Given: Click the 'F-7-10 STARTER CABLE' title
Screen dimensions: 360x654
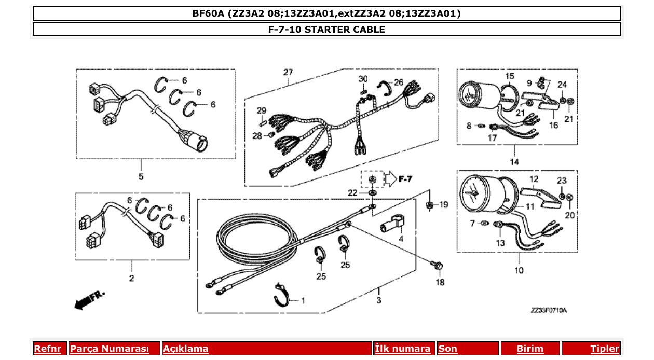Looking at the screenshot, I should coord(326,30).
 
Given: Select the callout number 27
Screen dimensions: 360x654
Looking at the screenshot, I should coord(288,72).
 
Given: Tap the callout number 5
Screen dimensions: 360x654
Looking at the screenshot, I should coord(141,177).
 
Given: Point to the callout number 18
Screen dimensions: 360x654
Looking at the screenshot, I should coord(440,283).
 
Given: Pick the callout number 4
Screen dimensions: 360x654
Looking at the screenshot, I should coord(400,239).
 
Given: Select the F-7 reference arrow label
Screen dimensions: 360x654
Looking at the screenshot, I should coord(405,179).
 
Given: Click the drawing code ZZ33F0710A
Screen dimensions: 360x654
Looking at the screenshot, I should coord(549,310).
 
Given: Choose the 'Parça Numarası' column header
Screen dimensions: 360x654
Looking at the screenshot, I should coord(110,349).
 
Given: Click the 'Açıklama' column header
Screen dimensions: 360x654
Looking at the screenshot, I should coord(186,349).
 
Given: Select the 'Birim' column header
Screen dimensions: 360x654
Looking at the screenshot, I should coord(530,349).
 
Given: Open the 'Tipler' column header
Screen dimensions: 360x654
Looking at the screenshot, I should coord(605,349).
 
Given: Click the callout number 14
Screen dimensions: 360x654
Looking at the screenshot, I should coord(514,162).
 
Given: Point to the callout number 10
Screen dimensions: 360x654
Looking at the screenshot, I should coord(519,270).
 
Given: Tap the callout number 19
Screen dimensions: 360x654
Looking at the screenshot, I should coord(443,205).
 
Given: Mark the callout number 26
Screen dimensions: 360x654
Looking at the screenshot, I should coord(398,82).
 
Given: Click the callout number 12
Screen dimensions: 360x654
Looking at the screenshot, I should coord(533,179).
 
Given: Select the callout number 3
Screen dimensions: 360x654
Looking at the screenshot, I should coord(378,300).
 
